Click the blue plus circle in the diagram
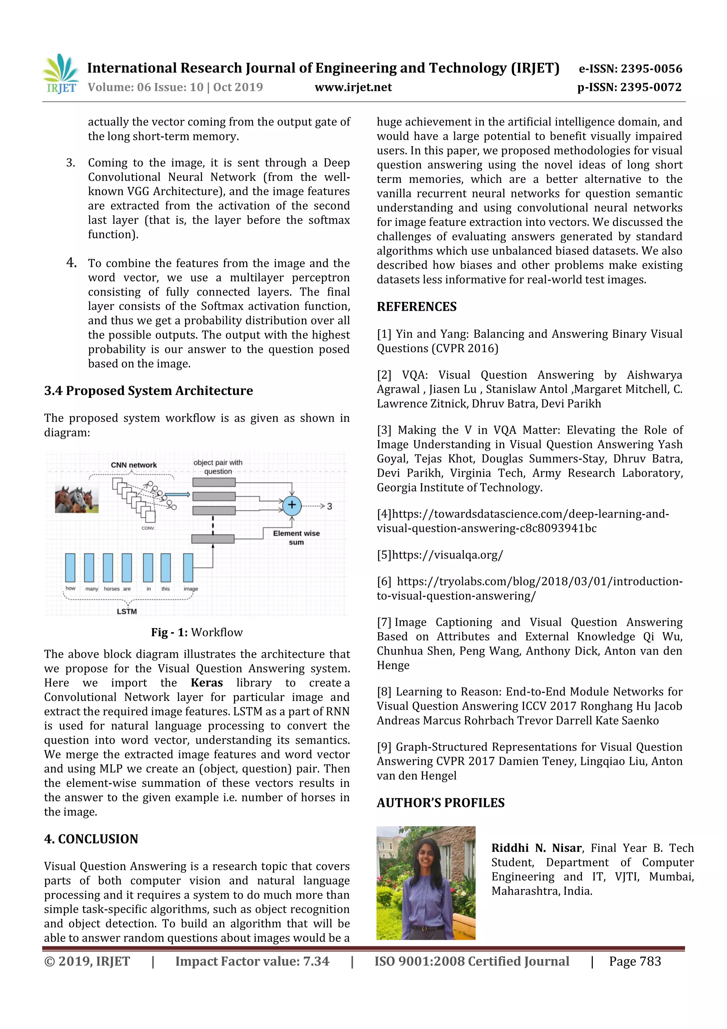tap(291, 505)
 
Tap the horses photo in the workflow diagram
tap(77, 499)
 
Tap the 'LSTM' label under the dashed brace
tap(127, 611)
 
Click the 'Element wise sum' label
tap(296, 537)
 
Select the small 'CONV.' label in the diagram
tap(148, 528)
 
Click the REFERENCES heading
tap(416, 307)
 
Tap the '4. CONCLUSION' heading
tap(91, 839)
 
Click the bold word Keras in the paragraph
tap(207, 683)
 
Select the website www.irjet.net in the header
tap(353, 87)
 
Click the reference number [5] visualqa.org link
tap(440, 555)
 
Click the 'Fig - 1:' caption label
tap(169, 632)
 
